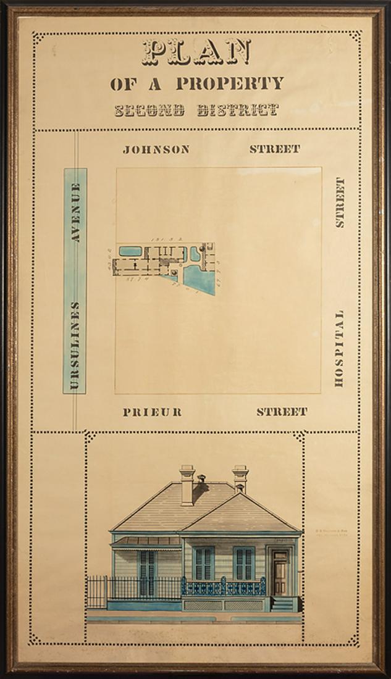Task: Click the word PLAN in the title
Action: click(x=196, y=52)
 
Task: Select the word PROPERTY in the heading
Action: click(x=229, y=84)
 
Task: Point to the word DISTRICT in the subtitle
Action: click(x=238, y=111)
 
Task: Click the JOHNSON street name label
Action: click(x=156, y=149)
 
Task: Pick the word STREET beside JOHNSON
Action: click(x=275, y=149)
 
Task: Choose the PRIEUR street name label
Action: click(x=152, y=412)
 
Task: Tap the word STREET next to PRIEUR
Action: click(x=282, y=412)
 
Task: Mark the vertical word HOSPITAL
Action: click(x=339, y=349)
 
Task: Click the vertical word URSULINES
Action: click(x=75, y=346)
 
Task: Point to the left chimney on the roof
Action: click(x=187, y=485)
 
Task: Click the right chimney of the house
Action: click(x=240, y=478)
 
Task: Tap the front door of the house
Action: click(x=280, y=573)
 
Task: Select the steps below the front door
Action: click(x=282, y=604)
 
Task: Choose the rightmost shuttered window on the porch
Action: click(x=244, y=564)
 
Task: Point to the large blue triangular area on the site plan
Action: click(x=201, y=278)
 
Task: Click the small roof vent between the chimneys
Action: click(x=201, y=478)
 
